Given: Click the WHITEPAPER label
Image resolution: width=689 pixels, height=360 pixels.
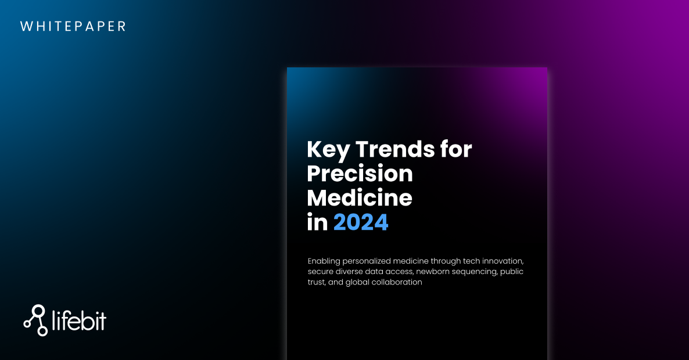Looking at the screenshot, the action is (x=73, y=26).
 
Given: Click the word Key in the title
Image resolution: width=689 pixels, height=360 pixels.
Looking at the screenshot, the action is (x=328, y=150).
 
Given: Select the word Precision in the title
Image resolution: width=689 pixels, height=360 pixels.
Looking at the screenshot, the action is (x=360, y=174).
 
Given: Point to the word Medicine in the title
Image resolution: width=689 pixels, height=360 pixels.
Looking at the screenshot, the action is (x=360, y=197).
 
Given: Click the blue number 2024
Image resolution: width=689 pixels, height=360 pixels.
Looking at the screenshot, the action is (x=361, y=222).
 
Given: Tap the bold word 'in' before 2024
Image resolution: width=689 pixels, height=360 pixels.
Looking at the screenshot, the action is (x=317, y=222).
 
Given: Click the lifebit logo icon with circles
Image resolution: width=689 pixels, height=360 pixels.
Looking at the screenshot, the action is (x=35, y=320).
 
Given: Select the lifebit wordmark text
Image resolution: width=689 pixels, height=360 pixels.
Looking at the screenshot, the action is (x=79, y=321).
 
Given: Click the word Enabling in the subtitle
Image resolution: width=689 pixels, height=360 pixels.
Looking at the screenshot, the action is (x=324, y=261).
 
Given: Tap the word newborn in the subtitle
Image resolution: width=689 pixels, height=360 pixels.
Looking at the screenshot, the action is (x=433, y=271).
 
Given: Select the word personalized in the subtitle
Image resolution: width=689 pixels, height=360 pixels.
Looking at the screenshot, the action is (x=367, y=261).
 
